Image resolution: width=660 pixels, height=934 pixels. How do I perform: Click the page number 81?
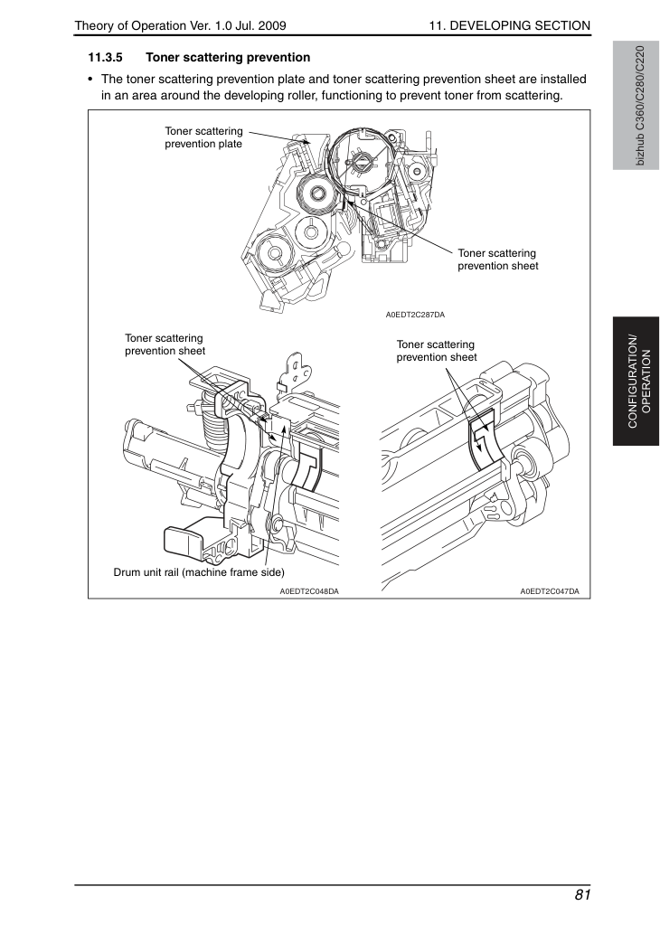(x=582, y=895)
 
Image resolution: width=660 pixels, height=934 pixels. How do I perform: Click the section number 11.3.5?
(x=106, y=58)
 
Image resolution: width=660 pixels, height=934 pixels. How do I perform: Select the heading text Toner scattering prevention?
(x=228, y=58)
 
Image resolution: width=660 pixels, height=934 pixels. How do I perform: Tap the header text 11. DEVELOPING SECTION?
(x=510, y=25)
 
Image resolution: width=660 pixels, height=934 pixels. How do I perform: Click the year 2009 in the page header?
(x=272, y=25)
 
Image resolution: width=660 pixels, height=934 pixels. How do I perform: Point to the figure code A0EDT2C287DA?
(x=415, y=315)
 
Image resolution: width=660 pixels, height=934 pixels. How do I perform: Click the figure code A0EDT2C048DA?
(x=309, y=591)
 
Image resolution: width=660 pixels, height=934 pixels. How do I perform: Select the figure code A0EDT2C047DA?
(x=550, y=591)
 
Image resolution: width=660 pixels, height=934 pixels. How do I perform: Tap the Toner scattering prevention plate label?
(x=203, y=137)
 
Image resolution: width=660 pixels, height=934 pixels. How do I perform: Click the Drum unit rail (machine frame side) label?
(x=199, y=572)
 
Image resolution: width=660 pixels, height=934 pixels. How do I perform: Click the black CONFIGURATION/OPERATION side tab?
(x=636, y=382)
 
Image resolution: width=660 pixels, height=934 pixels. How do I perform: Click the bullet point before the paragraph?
(x=90, y=80)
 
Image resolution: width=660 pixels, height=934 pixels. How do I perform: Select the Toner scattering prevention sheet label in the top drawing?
(x=498, y=259)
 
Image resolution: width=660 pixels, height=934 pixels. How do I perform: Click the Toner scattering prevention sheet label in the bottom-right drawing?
(x=437, y=351)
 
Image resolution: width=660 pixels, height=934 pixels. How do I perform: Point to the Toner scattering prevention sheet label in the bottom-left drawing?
(x=165, y=344)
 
